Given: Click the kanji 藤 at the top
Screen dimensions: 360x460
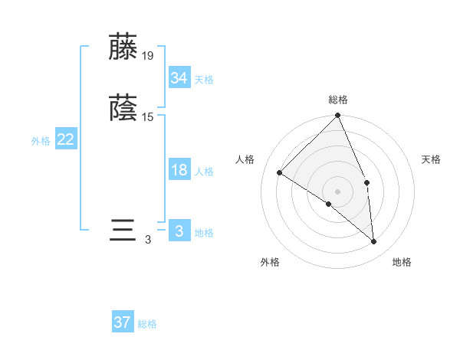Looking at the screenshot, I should (123, 47).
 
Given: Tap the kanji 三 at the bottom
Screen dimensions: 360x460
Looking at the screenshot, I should (123, 231).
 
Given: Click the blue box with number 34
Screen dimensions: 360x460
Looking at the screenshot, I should (179, 77).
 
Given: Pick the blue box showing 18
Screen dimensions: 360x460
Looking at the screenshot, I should (179, 170).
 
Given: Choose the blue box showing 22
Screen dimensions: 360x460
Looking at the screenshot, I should (66, 139).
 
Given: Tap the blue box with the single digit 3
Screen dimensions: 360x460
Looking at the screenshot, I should (179, 231).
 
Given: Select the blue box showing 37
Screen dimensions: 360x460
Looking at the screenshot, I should (123, 322).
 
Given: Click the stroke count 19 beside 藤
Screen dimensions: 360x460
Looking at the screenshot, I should (148, 55).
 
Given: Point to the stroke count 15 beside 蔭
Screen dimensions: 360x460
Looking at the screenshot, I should (148, 116).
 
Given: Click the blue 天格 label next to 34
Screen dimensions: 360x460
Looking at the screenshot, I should (204, 79).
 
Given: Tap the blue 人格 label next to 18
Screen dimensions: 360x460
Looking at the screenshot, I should (204, 172).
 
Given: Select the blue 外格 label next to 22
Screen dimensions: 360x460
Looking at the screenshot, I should (41, 141).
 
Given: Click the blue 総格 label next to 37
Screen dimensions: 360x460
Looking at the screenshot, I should (147, 324).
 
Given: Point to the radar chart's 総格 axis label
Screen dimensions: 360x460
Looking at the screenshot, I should (338, 100).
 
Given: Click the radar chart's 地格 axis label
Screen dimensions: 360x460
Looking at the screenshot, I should (402, 262).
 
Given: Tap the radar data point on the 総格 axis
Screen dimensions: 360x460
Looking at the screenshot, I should (338, 116).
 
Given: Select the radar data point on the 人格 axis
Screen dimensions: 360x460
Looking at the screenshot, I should (280, 173).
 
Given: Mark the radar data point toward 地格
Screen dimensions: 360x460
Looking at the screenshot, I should (373, 241).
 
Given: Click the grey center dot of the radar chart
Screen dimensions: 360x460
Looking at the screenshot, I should (338, 191).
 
